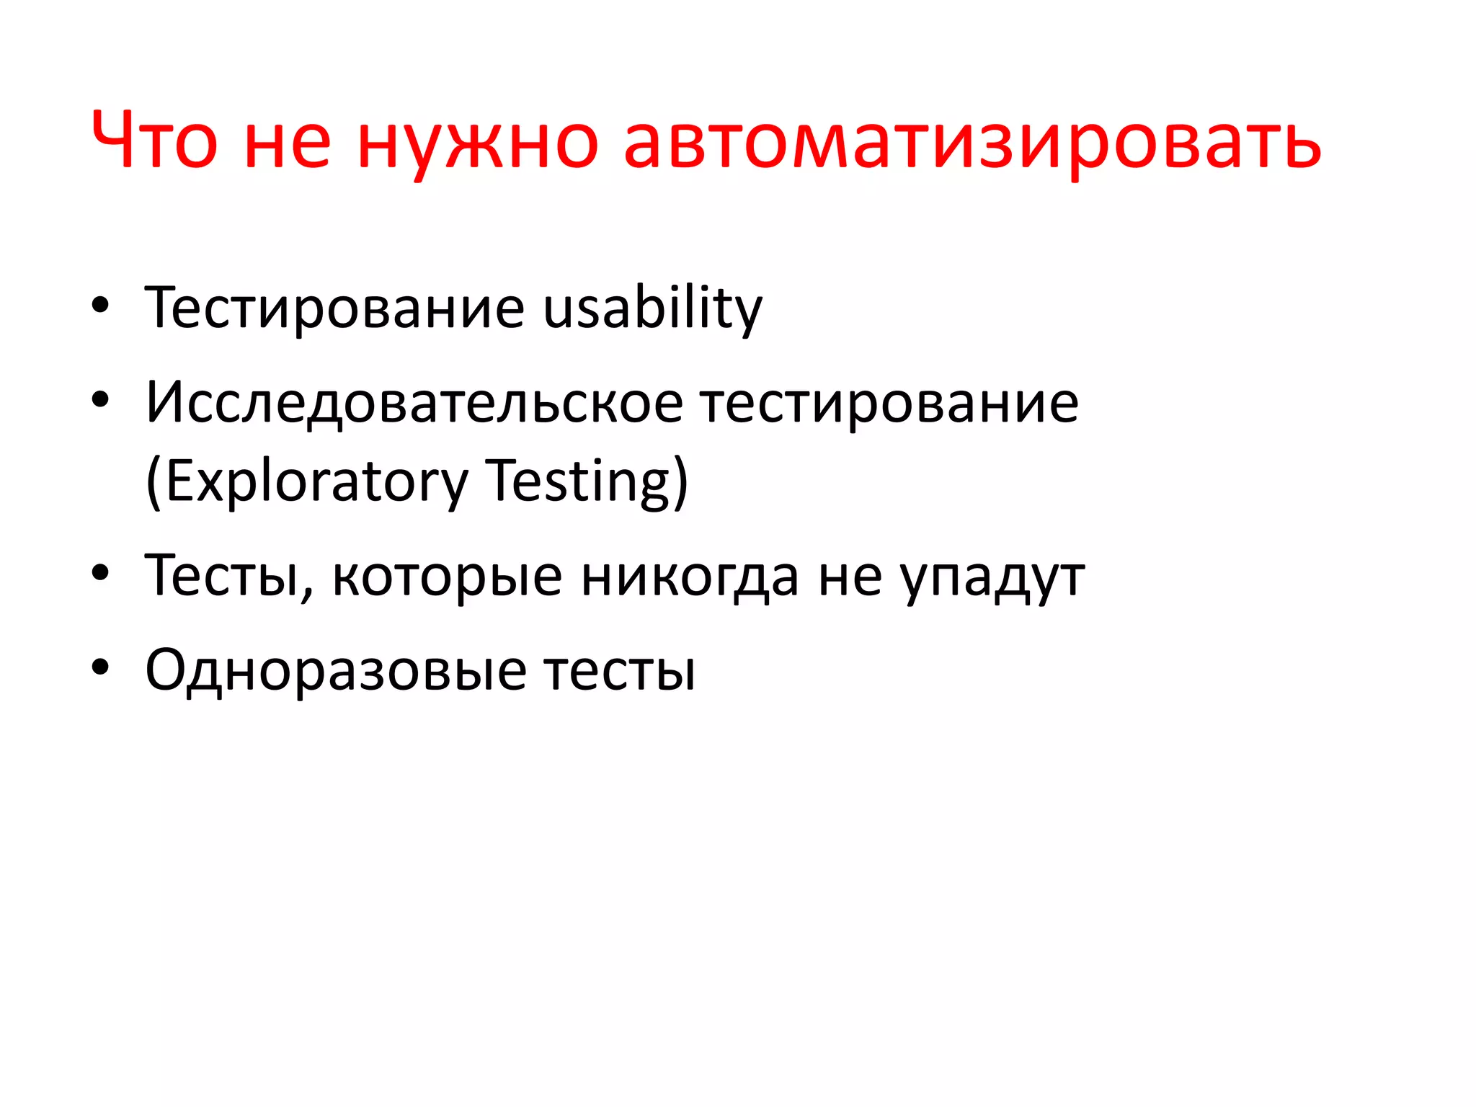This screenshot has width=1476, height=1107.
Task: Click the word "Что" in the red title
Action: click(154, 141)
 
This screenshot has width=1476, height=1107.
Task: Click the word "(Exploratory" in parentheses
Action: click(307, 481)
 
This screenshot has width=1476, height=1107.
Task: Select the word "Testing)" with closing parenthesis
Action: click(587, 481)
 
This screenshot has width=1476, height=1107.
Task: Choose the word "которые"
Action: click(447, 577)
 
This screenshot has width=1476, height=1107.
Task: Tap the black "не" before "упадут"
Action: click(850, 577)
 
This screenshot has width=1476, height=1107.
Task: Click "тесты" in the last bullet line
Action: click(620, 670)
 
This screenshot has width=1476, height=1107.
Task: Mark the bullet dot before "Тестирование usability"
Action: click(100, 305)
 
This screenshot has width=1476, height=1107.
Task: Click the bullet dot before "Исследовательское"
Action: click(100, 399)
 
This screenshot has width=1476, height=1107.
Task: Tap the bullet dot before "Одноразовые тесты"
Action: click(100, 667)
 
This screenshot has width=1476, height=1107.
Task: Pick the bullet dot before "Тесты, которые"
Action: click(100, 572)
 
